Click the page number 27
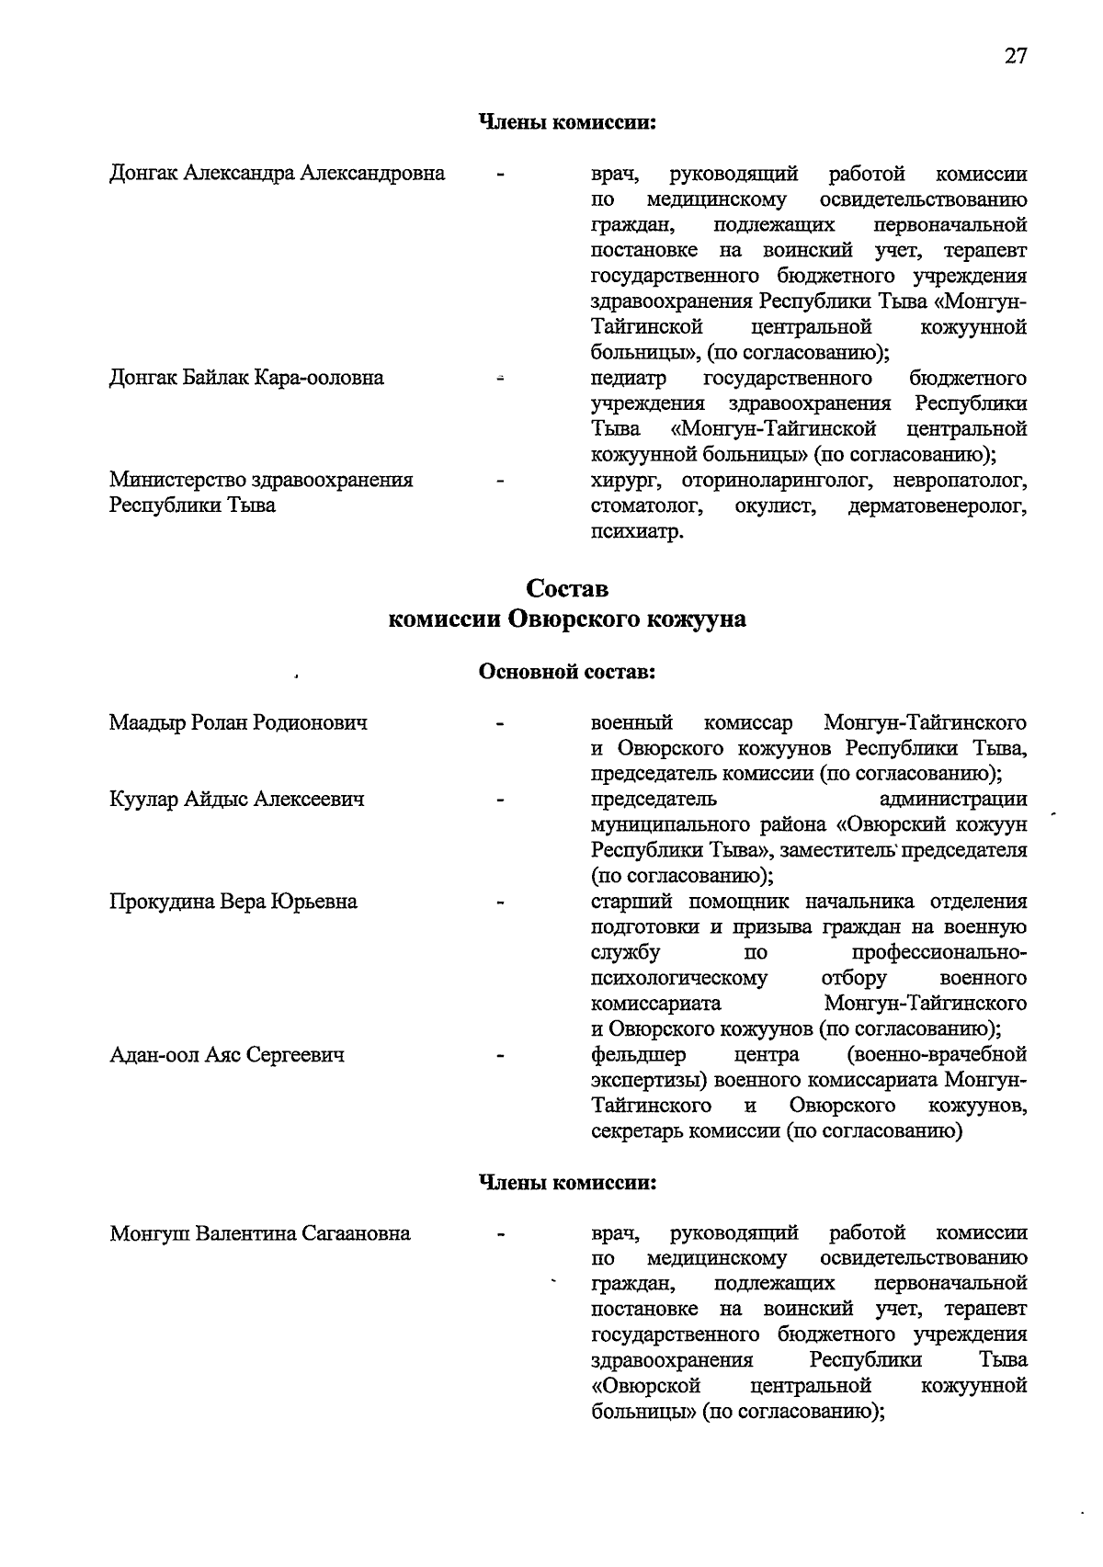1015,56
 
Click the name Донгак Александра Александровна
277,173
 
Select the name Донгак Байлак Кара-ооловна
246,377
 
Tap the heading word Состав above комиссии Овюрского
566,587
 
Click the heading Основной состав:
566,672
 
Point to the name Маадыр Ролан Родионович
238,722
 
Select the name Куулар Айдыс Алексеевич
236,799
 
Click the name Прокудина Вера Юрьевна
233,901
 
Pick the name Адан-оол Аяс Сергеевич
227,1054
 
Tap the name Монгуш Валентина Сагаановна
259,1232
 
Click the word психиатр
637,531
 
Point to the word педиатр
629,378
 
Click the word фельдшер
638,1054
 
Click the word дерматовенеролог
938,505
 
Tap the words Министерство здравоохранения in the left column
261,479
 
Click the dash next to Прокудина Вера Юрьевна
501,903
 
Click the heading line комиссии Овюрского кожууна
566,619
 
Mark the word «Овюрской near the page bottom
646,1385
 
